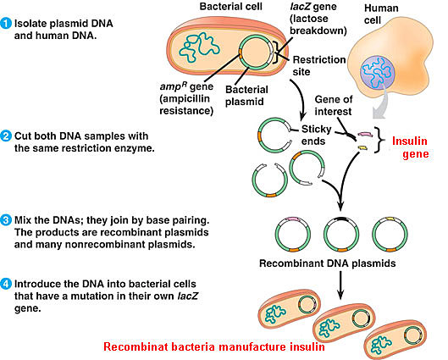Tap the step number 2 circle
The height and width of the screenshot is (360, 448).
(x=7, y=135)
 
